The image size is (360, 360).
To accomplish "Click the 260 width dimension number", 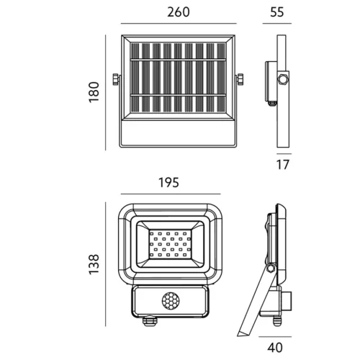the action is coord(179,12).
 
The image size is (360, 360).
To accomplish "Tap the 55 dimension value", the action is coord(277,12).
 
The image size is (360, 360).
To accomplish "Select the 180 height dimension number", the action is coord(94,92).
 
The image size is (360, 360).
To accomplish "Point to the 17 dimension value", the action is coord(283,165).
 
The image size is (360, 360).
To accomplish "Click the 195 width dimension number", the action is coord(168,183).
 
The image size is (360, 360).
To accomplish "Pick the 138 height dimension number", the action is coord(94,264).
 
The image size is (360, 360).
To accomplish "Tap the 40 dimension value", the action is coord(275,348).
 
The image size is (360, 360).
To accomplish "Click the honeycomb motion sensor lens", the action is coord(170,300).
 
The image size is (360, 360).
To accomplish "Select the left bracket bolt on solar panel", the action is coord(116,79).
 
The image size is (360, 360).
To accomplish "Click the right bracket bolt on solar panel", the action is coord(240,79).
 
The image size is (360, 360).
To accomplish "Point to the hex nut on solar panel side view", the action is coord(282,79).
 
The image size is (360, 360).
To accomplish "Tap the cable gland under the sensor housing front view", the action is coord(149,321).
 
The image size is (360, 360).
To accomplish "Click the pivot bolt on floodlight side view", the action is coord(271,268).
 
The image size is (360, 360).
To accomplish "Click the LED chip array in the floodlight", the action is coord(170,244).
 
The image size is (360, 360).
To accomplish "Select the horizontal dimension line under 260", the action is coord(179,24).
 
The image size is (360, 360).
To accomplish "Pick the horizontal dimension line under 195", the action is coord(171,194).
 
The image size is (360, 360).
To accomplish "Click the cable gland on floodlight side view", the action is coord(276,321).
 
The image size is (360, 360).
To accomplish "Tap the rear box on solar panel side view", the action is coord(271,81).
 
